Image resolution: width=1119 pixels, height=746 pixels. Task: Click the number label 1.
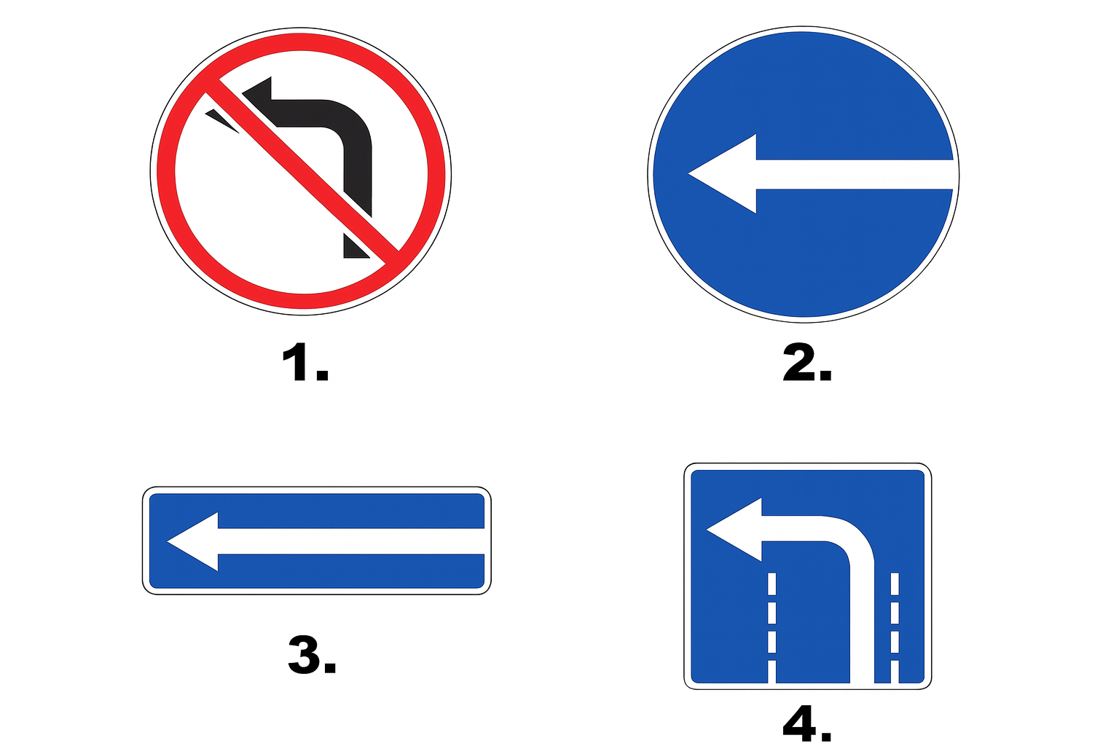point(305,362)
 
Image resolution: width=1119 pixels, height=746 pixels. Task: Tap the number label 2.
point(806,363)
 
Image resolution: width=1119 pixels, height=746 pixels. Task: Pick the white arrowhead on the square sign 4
point(734,529)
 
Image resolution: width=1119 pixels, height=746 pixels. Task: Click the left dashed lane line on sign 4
point(771,627)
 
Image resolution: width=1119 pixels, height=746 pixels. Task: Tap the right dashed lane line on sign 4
point(895,627)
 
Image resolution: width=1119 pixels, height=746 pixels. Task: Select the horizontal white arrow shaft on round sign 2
point(855,174)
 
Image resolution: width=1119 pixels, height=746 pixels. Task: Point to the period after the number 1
point(322,374)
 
